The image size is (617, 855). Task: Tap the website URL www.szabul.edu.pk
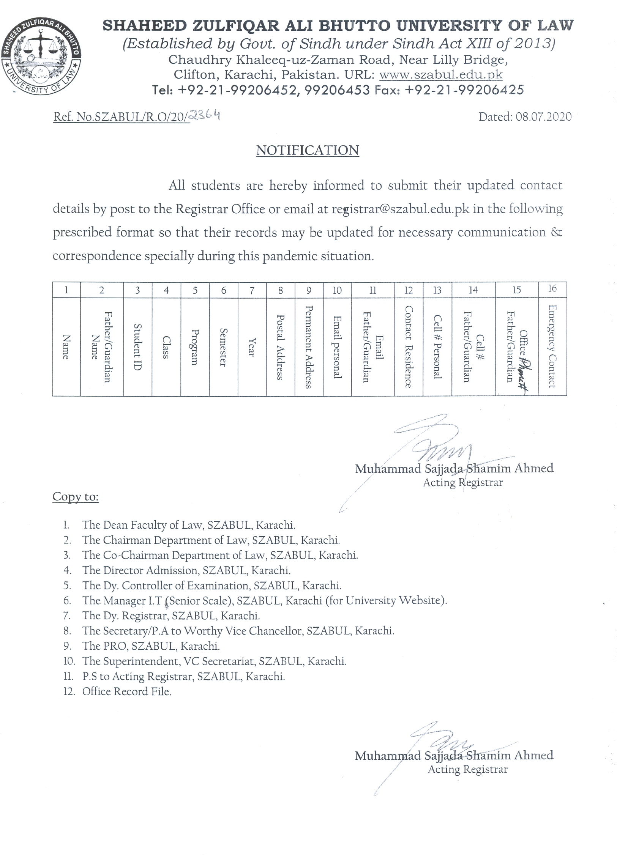coord(441,74)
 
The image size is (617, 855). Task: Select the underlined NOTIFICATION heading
coord(308,150)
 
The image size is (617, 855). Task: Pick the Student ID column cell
coord(137,347)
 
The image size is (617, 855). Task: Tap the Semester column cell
coord(223,347)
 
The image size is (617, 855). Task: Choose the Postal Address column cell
coord(280,347)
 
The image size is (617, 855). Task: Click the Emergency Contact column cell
coord(552,346)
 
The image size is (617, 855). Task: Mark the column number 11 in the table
coord(373,290)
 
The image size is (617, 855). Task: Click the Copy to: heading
coord(76,496)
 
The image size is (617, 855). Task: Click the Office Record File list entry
coord(127,691)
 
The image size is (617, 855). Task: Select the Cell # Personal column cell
coord(437,347)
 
